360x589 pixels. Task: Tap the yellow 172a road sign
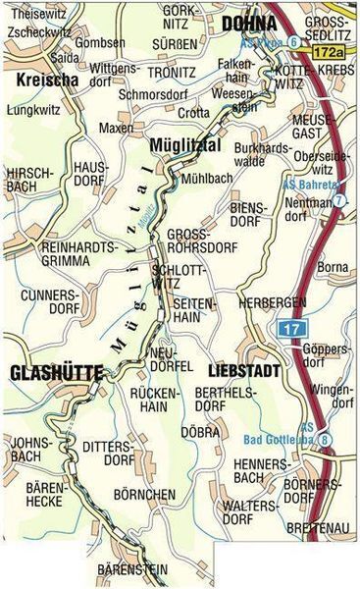331,46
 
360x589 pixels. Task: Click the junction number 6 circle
293,41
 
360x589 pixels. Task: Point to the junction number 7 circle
339,200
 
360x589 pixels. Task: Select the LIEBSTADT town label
243,372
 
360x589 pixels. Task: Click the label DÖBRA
200,431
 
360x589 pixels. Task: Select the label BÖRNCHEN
145,494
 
